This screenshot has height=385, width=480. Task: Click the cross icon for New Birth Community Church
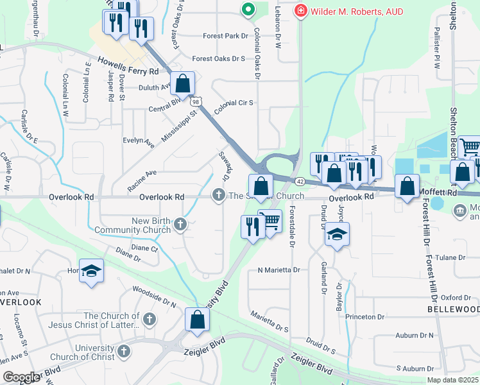[181, 224]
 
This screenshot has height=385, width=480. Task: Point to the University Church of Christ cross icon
[124, 351]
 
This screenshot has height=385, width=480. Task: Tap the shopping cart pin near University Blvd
[270, 221]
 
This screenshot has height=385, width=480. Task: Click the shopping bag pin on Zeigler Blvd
[197, 320]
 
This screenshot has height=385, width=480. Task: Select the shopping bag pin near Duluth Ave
[183, 83]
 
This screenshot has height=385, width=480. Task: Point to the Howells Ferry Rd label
[128, 65]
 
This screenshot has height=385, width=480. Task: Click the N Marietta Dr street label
[279, 270]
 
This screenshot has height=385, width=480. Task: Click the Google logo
[21, 377]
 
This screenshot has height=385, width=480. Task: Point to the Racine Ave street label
[142, 173]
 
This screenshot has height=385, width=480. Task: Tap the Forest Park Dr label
[225, 36]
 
